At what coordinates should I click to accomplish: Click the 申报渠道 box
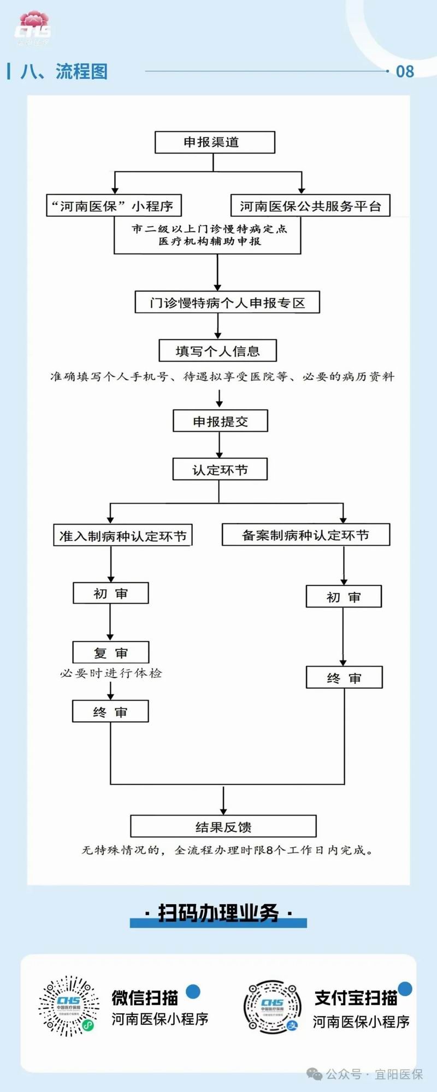pos(215,142)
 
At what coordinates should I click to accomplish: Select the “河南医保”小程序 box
pos(114,206)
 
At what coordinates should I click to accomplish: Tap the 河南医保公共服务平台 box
pos(310,206)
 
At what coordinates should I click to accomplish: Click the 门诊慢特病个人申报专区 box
pos(227,302)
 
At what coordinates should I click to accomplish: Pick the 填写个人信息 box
pos(217,351)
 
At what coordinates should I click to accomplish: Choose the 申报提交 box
pos(220,421)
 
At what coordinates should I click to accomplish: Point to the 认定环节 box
pos(220,469)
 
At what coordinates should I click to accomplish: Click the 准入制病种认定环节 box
pos(123,535)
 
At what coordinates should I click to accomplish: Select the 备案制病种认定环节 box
pos(306,535)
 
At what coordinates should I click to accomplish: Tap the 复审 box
pos(110,652)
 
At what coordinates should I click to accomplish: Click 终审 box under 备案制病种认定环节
pos(344,678)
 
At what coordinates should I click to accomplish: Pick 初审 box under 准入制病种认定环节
pos(110,593)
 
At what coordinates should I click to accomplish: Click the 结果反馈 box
pos(223,827)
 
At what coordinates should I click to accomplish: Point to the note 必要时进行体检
pos(111,673)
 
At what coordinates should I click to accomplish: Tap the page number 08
pos(405,72)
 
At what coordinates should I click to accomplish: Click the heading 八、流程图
pos(64,72)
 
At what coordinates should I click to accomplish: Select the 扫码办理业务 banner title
pos(218,913)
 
